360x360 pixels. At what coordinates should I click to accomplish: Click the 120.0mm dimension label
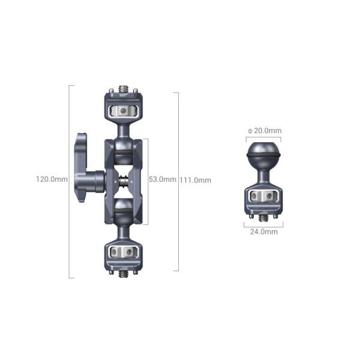(x=52, y=179)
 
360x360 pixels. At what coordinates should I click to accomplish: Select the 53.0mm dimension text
(x=163, y=179)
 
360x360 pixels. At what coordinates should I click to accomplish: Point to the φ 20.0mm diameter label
(x=265, y=131)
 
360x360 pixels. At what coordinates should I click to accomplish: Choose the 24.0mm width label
(x=263, y=232)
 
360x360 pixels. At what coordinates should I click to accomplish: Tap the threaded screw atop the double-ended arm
(x=124, y=88)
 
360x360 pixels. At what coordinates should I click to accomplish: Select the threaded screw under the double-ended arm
(x=124, y=274)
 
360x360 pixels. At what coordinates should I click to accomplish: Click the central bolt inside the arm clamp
(x=124, y=179)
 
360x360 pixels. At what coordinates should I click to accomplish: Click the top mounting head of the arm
(x=124, y=108)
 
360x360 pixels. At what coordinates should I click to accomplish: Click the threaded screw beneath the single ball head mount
(x=263, y=217)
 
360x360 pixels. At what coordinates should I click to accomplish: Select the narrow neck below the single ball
(x=263, y=176)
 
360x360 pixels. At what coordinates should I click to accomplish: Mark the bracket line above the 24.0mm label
(x=263, y=225)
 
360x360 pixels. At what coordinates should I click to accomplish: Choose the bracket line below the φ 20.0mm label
(x=263, y=137)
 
